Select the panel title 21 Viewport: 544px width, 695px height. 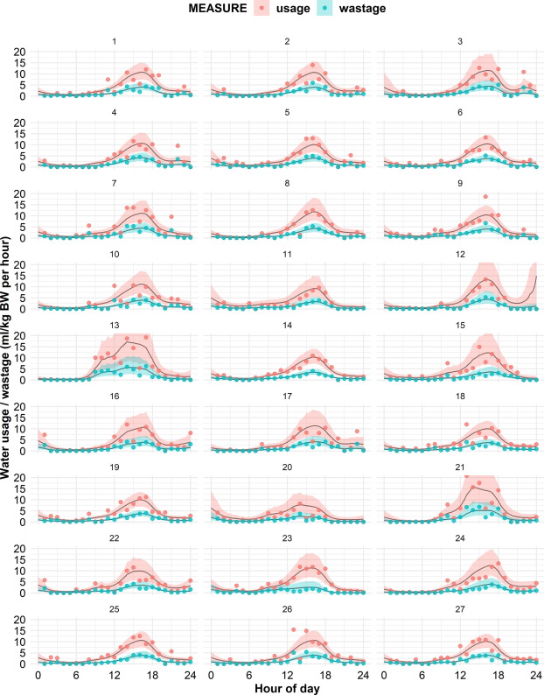tap(460, 466)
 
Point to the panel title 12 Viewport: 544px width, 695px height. tap(460, 253)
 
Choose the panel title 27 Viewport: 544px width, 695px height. tap(460, 607)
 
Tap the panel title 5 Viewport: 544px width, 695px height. tap(289, 111)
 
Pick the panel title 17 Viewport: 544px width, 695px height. tap(289, 395)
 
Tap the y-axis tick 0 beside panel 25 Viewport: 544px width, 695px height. tap(27, 663)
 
